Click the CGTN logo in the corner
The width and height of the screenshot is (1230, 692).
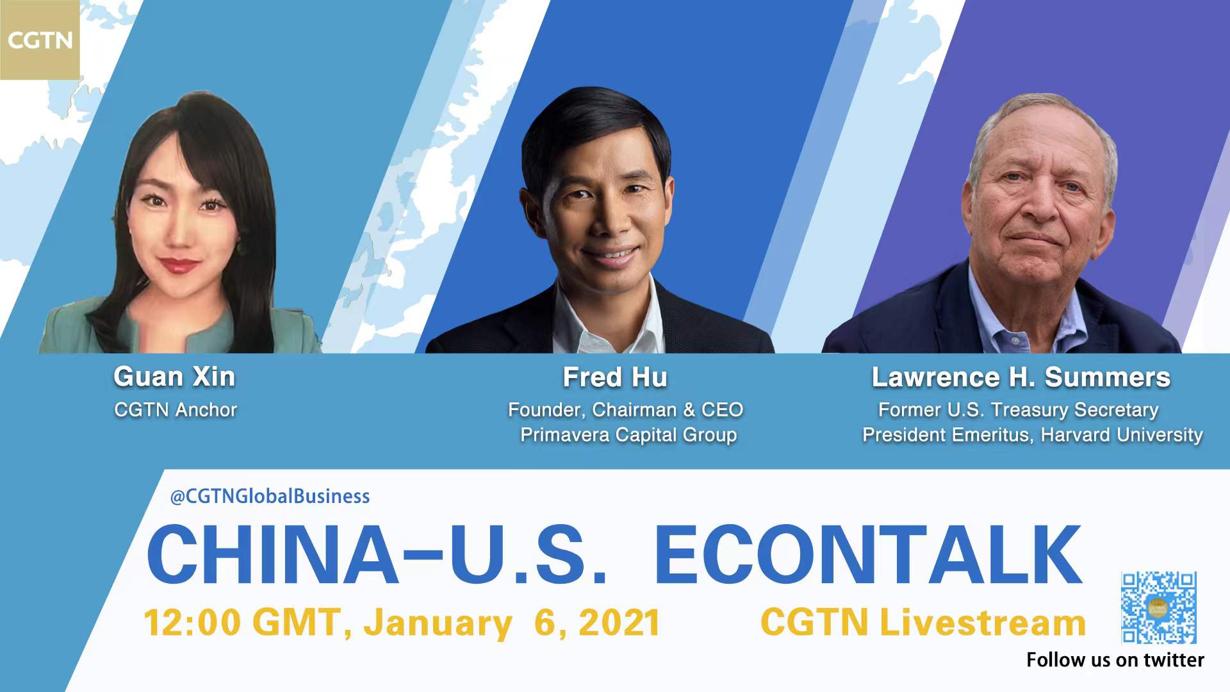(x=40, y=40)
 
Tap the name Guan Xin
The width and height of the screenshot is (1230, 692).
(x=174, y=377)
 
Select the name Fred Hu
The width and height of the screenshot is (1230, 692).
(x=615, y=377)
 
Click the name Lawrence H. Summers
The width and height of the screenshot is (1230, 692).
(x=1021, y=377)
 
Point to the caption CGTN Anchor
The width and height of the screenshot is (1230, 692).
(x=176, y=410)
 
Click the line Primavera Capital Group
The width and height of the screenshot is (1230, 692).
(x=628, y=435)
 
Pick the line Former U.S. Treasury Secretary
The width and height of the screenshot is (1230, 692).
(x=1019, y=410)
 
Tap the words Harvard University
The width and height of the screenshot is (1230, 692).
(x=1122, y=435)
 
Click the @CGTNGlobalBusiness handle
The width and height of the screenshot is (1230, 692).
(x=270, y=497)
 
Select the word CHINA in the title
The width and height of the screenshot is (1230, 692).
(x=272, y=554)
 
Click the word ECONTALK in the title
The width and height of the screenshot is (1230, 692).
(x=869, y=554)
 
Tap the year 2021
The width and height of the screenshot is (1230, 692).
(x=619, y=623)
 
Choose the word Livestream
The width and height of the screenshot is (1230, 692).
(x=983, y=623)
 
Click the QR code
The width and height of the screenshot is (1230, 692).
(x=1159, y=607)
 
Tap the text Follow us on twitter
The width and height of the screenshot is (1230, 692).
(x=1115, y=660)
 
